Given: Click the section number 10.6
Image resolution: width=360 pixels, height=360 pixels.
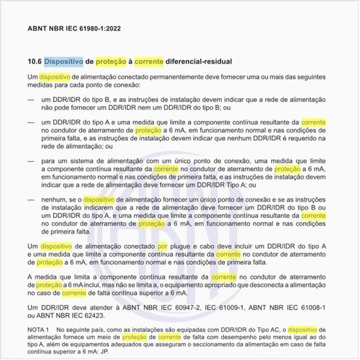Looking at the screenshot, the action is click(x=34, y=62).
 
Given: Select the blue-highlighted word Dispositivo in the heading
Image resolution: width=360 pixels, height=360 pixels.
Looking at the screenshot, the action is click(x=63, y=62).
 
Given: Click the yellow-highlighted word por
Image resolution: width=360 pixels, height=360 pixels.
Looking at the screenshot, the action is click(x=162, y=245).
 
